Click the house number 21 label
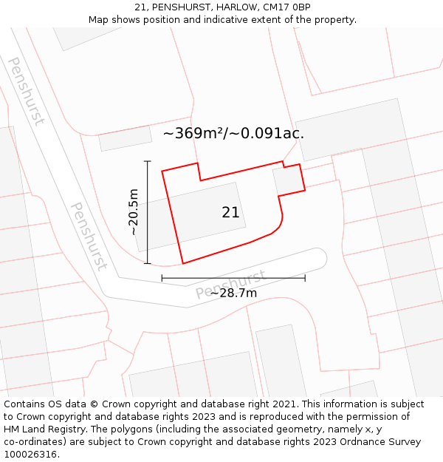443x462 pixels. (x=230, y=212)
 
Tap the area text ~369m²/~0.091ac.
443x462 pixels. (x=233, y=134)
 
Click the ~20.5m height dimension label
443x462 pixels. (x=133, y=212)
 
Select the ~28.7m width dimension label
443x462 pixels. (x=234, y=293)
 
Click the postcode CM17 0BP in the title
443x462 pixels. (x=286, y=7)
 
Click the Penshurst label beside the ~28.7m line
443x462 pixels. (x=230, y=285)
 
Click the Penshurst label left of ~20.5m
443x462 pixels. (x=88, y=236)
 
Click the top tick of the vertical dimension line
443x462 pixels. (x=148, y=161)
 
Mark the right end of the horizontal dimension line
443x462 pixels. (x=305, y=278)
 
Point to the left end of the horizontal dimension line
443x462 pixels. (x=162, y=278)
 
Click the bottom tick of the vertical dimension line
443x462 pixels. (x=148, y=263)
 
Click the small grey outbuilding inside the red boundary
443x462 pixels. (x=289, y=180)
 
